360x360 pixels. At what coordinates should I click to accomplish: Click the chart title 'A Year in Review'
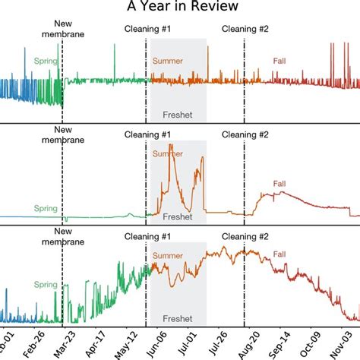pos(180,8)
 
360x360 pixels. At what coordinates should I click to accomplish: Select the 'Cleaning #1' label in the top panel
pos(147,30)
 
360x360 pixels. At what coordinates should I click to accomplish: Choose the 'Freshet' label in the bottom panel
pos(178,318)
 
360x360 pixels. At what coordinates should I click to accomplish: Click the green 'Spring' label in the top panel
pos(46,60)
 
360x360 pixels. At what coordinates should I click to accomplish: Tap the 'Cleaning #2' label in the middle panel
pos(245,134)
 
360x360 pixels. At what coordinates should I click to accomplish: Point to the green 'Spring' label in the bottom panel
pos(46,283)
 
